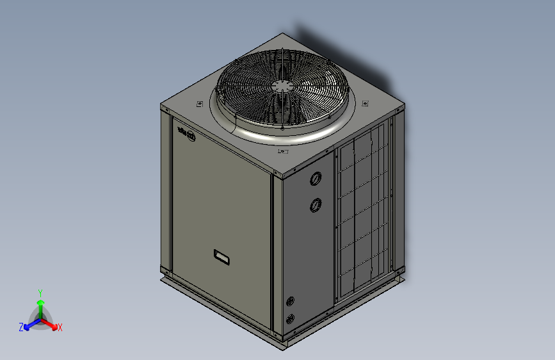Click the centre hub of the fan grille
[x=282, y=86]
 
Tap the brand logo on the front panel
[x=187, y=136]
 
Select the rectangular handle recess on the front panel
[x=221, y=257]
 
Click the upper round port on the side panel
[x=316, y=179]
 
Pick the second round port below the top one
[x=316, y=205]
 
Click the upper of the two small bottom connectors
[x=291, y=301]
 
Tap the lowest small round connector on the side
[x=291, y=318]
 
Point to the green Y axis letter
[x=40, y=291]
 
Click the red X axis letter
[x=60, y=327]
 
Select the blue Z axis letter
[x=20, y=327]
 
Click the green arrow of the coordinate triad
[x=40, y=304]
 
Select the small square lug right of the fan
[x=365, y=102]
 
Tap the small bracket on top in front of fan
[x=283, y=152]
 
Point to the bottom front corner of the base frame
[x=282, y=347]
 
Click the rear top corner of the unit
[x=282, y=35]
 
